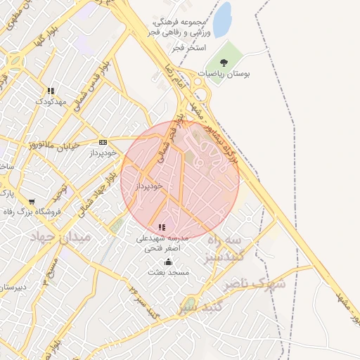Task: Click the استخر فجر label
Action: [x=191, y=47]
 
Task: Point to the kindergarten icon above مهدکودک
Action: [x=51, y=91]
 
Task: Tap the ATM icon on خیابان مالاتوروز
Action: [x=103, y=141]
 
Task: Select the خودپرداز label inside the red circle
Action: [x=149, y=185]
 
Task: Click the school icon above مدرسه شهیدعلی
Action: [x=162, y=227]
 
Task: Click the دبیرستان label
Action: [x=13, y=287]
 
